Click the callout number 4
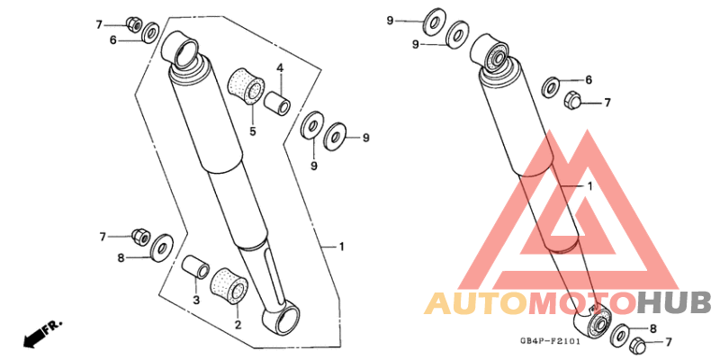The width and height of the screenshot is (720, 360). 280,69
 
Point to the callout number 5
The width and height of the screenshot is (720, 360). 253,131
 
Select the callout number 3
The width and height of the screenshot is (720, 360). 196,301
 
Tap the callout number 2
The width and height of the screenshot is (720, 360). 238,326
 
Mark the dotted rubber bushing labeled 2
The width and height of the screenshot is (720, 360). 229,285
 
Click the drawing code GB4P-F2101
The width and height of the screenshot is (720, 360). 550,342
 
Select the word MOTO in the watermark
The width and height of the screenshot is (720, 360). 583,303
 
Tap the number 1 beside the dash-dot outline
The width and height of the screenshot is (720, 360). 341,247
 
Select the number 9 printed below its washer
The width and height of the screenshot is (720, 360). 313,166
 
